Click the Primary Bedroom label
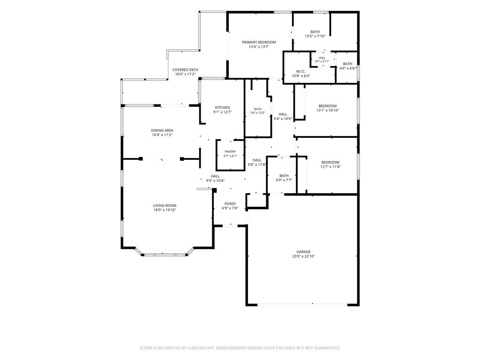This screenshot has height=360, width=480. [259, 42]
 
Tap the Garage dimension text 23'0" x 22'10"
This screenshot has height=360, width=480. [303, 256]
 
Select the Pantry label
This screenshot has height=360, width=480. [230, 151]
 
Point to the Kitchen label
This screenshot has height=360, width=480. [222, 107]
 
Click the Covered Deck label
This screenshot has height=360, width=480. [185, 70]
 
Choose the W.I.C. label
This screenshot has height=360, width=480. [301, 71]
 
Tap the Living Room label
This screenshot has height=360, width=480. [165, 206]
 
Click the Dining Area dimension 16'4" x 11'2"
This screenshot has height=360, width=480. [162, 135]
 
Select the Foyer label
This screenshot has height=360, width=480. [230, 204]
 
